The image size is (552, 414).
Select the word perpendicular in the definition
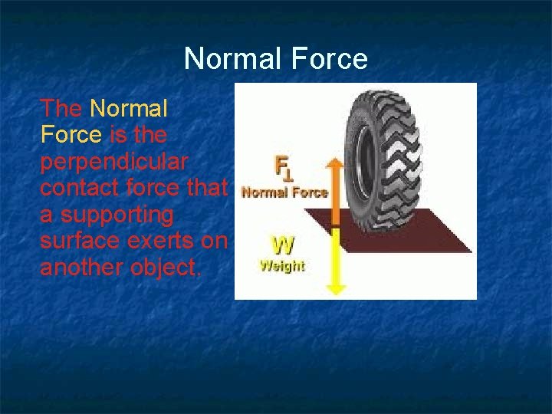(x=115, y=161)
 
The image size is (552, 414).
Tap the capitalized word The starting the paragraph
(x=61, y=109)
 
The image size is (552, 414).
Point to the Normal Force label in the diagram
(x=284, y=193)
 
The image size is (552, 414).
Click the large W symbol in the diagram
(x=282, y=245)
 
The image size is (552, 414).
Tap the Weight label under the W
(x=281, y=266)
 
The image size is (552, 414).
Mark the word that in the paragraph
(x=208, y=187)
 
